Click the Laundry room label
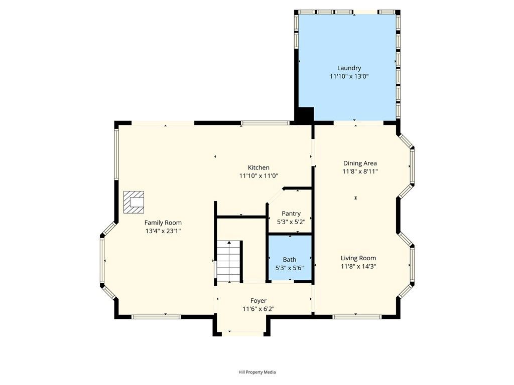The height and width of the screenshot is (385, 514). point(349,68)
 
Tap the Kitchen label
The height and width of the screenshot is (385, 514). point(259,167)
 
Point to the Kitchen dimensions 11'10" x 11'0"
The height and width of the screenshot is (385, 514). point(259,176)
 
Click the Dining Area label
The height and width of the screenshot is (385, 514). point(359,163)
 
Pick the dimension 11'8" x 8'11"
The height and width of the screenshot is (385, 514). point(359,171)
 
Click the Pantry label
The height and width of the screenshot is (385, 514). point(291,214)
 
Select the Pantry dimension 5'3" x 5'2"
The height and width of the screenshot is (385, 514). point(291,222)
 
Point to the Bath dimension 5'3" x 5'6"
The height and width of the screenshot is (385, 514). point(289,268)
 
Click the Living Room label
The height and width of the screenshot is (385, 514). point(358,258)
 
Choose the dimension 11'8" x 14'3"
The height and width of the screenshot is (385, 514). point(358,267)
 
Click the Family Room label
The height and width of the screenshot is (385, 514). point(163,223)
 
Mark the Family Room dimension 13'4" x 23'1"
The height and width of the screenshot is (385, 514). point(163,231)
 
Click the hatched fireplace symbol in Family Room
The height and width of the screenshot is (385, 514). point(134,201)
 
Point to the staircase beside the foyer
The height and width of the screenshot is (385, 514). point(229,260)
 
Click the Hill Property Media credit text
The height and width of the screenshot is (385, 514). point(257,372)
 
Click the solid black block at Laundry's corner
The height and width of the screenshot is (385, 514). point(304,115)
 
